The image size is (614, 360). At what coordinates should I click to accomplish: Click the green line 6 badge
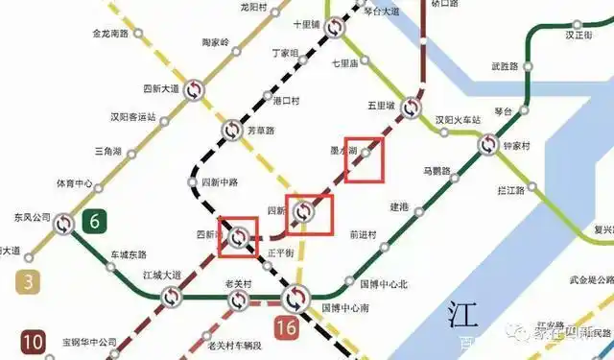pyautogui.click(x=94, y=221)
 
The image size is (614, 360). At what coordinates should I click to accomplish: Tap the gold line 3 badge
pyautogui.click(x=28, y=281)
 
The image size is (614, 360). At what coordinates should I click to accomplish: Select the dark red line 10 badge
pyautogui.click(x=33, y=340)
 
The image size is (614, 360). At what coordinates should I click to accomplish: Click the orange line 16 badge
pyautogui.click(x=286, y=326)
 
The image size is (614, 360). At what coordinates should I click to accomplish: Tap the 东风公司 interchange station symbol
pyautogui.click(x=63, y=224)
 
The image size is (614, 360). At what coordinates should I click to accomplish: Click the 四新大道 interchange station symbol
pyautogui.click(x=194, y=89)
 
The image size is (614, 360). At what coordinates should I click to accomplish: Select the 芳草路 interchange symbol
pyautogui.click(x=232, y=130)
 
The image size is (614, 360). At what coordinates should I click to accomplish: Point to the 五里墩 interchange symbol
pyautogui.click(x=412, y=108)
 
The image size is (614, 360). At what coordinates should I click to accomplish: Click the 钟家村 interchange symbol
pyautogui.click(x=488, y=146)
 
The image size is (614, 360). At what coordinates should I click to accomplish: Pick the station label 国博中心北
pyautogui.click(x=384, y=284)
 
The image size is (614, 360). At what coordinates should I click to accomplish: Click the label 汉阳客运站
pyautogui.click(x=132, y=117)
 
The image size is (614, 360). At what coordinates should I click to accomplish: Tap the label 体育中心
pyautogui.click(x=74, y=182)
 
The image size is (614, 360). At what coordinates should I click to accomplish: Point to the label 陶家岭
pyautogui.click(x=215, y=42)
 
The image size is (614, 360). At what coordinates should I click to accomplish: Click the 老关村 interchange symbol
pyautogui.click(x=238, y=300)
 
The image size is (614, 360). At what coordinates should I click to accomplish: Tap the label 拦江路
pyautogui.click(x=511, y=190)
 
